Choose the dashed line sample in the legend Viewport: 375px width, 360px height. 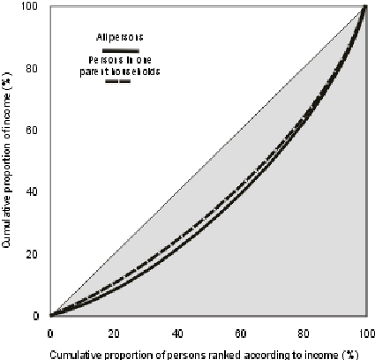[117, 81]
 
